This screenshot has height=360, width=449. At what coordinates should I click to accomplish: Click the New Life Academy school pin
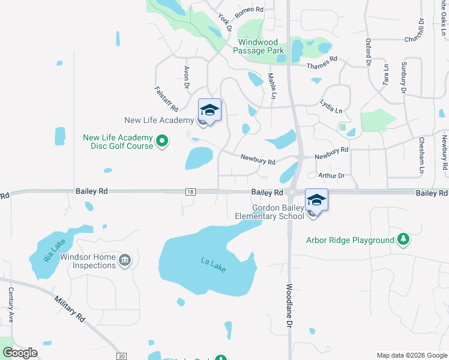point(209,111)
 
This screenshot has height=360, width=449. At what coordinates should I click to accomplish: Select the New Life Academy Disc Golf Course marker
point(161,142)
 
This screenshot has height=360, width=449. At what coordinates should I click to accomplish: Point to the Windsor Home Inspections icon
point(125,260)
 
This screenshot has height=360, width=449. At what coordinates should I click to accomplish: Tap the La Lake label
point(213,265)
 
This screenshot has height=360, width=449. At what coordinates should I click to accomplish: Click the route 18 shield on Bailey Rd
point(190,191)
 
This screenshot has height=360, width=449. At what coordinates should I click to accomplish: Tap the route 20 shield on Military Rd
point(122,356)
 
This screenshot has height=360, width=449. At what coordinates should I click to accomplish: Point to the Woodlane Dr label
point(289,305)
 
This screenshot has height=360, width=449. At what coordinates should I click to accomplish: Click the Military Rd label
point(70,308)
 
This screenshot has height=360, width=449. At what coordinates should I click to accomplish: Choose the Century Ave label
point(11,305)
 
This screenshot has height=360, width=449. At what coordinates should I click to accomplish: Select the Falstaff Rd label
point(166,99)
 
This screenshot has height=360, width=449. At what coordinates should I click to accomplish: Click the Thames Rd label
point(322,63)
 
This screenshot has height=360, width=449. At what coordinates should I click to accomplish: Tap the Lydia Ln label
point(331,106)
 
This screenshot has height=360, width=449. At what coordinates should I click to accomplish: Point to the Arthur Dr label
point(332,176)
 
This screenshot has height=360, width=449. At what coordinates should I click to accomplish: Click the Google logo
point(20,353)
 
